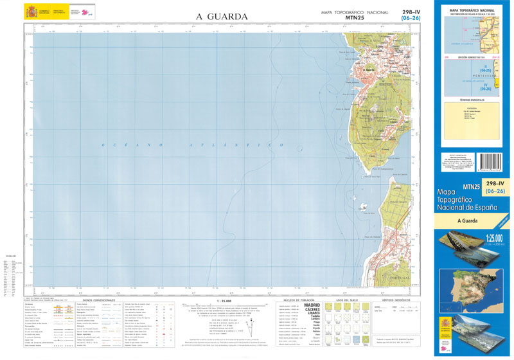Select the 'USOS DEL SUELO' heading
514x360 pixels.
point(348,300)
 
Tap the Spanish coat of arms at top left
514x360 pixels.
point(31,12)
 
